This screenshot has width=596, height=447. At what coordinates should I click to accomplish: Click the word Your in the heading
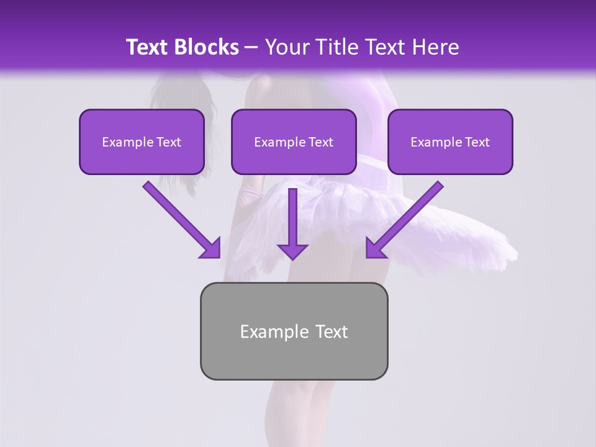[x=286, y=47]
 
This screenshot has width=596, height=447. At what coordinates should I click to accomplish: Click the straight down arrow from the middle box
[x=292, y=223]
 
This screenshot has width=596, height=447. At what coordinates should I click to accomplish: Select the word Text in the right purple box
[x=476, y=142]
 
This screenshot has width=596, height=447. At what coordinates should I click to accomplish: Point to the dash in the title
[x=251, y=47]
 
